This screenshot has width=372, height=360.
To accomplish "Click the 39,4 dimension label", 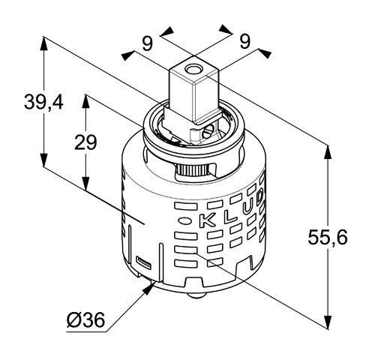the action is click(x=43, y=102).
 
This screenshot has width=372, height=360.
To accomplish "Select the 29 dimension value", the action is click(x=85, y=142).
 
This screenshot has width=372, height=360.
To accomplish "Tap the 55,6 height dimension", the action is click(x=327, y=237).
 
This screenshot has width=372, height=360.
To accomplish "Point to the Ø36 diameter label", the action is click(x=85, y=320).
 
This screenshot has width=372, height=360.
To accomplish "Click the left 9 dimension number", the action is click(x=147, y=43).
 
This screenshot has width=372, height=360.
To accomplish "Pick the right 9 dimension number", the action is click(x=244, y=41).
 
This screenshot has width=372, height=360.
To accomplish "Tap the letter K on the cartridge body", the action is click(x=207, y=220).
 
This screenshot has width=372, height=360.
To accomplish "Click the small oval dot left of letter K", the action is click(x=184, y=221).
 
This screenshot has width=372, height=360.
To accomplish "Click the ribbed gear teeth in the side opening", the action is click(x=192, y=170).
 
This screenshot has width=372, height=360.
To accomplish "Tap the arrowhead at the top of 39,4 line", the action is click(x=43, y=43).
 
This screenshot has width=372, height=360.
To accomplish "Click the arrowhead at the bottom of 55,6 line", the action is click(x=328, y=318).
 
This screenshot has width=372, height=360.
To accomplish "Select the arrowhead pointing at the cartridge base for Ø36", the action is click(x=148, y=288).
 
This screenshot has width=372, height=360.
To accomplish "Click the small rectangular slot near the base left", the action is click(x=143, y=262).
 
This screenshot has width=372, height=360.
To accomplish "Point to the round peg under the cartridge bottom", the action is click(x=196, y=295).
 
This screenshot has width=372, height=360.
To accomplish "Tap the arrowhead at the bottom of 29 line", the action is click(x=85, y=184).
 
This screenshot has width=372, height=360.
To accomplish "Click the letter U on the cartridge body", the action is click(x=247, y=208).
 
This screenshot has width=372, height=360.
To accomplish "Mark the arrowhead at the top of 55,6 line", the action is click(x=328, y=152).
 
